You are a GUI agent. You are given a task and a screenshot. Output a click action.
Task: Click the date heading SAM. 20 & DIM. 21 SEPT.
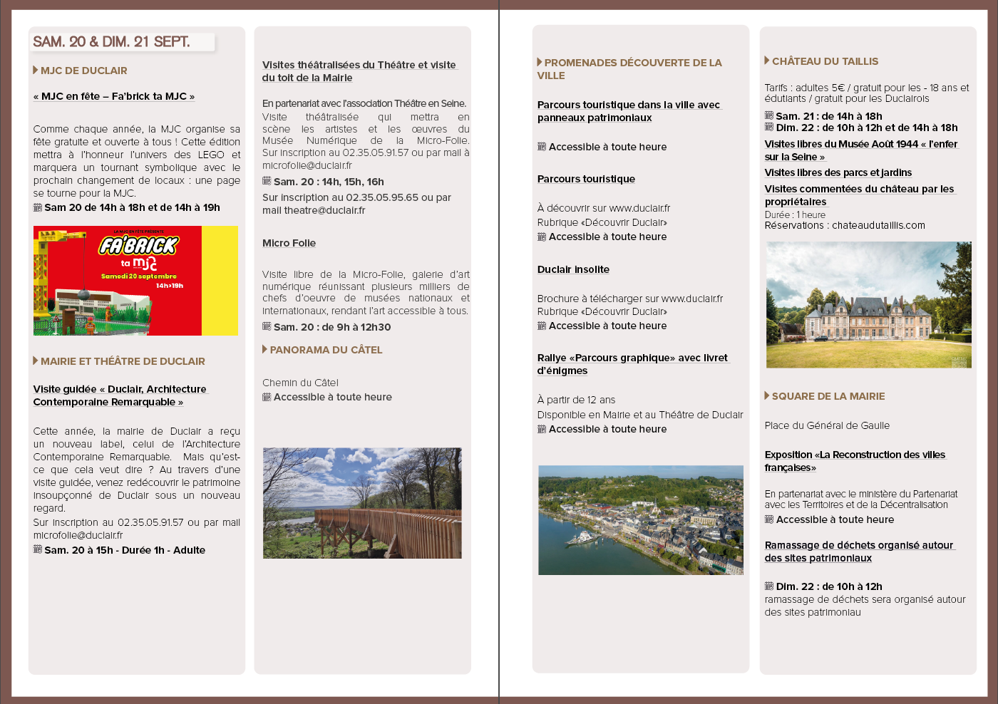pyautogui.click(x=111, y=42)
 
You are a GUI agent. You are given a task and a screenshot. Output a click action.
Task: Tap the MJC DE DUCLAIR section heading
pyautogui.click(x=83, y=71)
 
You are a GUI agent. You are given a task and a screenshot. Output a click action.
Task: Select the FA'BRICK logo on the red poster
pyautogui.click(x=138, y=246)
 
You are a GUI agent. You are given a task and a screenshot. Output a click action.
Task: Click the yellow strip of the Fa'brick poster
pyautogui.click(x=220, y=280)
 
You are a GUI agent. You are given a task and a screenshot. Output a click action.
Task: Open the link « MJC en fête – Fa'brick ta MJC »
pyautogui.click(x=114, y=96)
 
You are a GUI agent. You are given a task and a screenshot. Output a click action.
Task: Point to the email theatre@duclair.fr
pyautogui.click(x=324, y=210)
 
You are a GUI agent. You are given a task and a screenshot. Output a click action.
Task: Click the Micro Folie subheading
pyautogui.click(x=289, y=243)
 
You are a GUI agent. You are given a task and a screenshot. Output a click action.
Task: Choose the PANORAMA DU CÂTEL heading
pyautogui.click(x=326, y=350)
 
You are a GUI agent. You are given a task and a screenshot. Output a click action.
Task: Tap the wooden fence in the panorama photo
pyautogui.click(x=385, y=531)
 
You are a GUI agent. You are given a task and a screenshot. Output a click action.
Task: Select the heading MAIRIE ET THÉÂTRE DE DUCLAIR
pyautogui.click(x=123, y=361)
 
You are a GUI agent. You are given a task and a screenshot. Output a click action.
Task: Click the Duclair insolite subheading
pyautogui.click(x=573, y=269)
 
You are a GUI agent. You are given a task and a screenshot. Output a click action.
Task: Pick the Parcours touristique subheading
pyautogui.click(x=586, y=179)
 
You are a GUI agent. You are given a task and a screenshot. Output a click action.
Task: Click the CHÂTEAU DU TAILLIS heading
pyautogui.click(x=825, y=61)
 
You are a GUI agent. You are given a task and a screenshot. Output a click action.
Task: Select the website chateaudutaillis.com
pyautogui.click(x=878, y=225)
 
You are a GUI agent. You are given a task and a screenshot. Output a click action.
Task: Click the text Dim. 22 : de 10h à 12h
pyautogui.click(x=829, y=586)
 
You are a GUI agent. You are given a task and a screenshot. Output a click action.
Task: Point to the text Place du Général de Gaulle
pyautogui.click(x=827, y=425)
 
